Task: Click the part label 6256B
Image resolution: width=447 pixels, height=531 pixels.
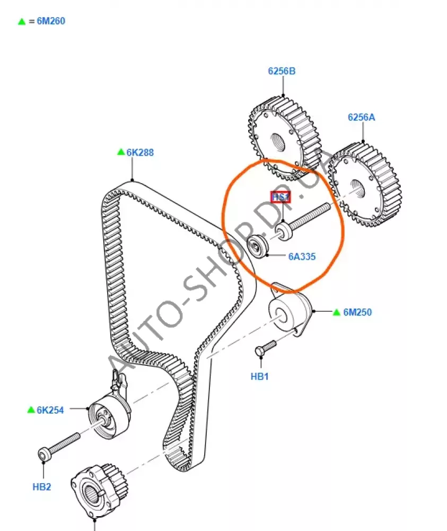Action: click(x=282, y=71)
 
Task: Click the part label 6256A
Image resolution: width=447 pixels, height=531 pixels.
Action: click(x=362, y=117)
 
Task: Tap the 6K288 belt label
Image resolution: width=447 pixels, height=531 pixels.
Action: click(x=140, y=152)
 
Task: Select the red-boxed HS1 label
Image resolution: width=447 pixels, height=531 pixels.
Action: click(x=281, y=197)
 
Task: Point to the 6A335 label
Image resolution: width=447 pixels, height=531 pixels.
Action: click(x=302, y=256)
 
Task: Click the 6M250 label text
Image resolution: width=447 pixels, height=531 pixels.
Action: click(x=357, y=312)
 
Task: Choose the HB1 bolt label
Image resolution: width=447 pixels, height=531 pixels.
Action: click(x=260, y=376)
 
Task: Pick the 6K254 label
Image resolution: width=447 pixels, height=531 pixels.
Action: click(x=50, y=410)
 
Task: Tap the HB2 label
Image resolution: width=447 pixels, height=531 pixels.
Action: click(x=41, y=486)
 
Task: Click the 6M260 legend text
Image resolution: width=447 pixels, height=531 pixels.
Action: click(x=51, y=21)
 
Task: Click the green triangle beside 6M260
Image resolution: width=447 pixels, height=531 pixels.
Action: click(x=22, y=22)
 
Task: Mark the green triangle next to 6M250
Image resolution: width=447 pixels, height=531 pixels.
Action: click(x=336, y=312)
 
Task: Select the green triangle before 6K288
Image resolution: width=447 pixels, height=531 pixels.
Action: click(x=121, y=152)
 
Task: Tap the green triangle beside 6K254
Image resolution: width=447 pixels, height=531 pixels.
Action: click(x=31, y=410)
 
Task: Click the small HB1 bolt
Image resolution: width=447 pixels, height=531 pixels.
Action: click(x=266, y=348)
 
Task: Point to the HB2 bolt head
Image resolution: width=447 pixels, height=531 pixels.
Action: click(x=43, y=454)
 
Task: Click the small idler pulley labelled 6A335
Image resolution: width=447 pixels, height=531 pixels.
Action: click(x=258, y=246)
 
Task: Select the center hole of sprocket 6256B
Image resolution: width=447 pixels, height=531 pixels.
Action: click(x=278, y=142)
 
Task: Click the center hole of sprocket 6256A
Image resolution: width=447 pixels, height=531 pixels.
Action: click(x=357, y=189)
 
